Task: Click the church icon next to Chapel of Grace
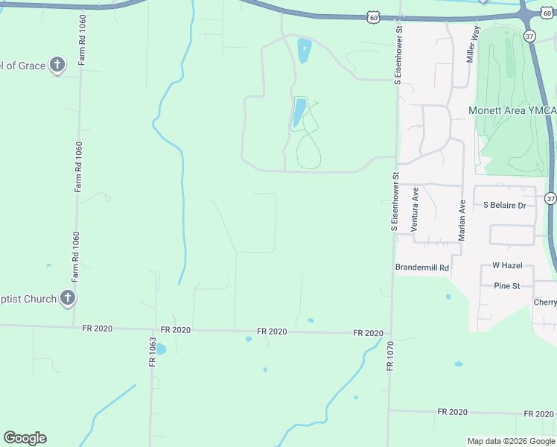point(57,66)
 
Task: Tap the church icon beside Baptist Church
point(67,299)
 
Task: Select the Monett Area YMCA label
point(512,111)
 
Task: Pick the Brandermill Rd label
point(422,267)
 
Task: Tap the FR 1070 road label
point(389,356)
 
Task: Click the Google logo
point(25,437)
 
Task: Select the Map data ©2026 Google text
point(511,441)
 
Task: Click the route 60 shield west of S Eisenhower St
point(373,16)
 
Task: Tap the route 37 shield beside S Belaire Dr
point(550,198)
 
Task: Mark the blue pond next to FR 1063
point(161,348)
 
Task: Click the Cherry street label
point(545,302)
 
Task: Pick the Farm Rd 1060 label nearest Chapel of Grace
point(80,39)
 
